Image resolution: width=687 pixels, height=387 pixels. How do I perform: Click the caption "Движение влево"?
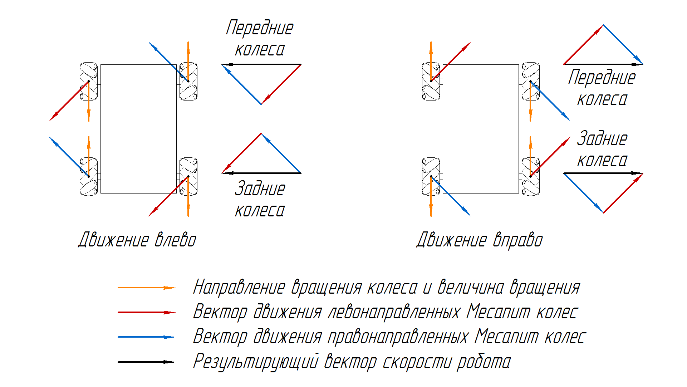point(137,240)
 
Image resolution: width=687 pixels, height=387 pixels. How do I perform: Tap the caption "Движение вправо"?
point(480,240)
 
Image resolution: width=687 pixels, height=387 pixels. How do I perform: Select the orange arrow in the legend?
point(146,288)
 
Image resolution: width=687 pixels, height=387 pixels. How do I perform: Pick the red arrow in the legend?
point(146,312)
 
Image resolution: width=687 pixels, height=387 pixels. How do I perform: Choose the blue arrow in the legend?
point(146,337)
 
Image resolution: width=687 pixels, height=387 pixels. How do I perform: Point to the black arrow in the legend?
point(146,362)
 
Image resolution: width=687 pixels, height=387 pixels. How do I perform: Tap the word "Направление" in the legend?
point(239,288)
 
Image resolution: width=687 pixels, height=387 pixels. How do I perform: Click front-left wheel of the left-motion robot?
point(88,82)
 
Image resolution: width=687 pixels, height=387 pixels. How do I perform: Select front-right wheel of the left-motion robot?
point(188,82)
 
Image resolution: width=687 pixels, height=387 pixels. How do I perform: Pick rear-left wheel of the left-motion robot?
point(88,176)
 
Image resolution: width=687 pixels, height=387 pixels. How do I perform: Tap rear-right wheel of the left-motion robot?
point(188,176)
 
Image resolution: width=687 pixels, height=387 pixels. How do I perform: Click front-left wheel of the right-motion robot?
point(431,82)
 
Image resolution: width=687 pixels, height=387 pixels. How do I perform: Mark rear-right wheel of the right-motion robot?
point(531,176)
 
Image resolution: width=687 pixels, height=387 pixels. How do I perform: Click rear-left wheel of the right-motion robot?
point(431,176)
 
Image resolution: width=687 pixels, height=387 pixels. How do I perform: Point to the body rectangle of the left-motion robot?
point(138,129)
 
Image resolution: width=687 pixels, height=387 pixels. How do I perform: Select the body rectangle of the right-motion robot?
point(481,129)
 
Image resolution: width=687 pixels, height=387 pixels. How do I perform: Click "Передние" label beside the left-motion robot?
point(260,28)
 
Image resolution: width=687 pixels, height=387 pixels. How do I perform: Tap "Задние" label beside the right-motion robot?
point(602,139)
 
